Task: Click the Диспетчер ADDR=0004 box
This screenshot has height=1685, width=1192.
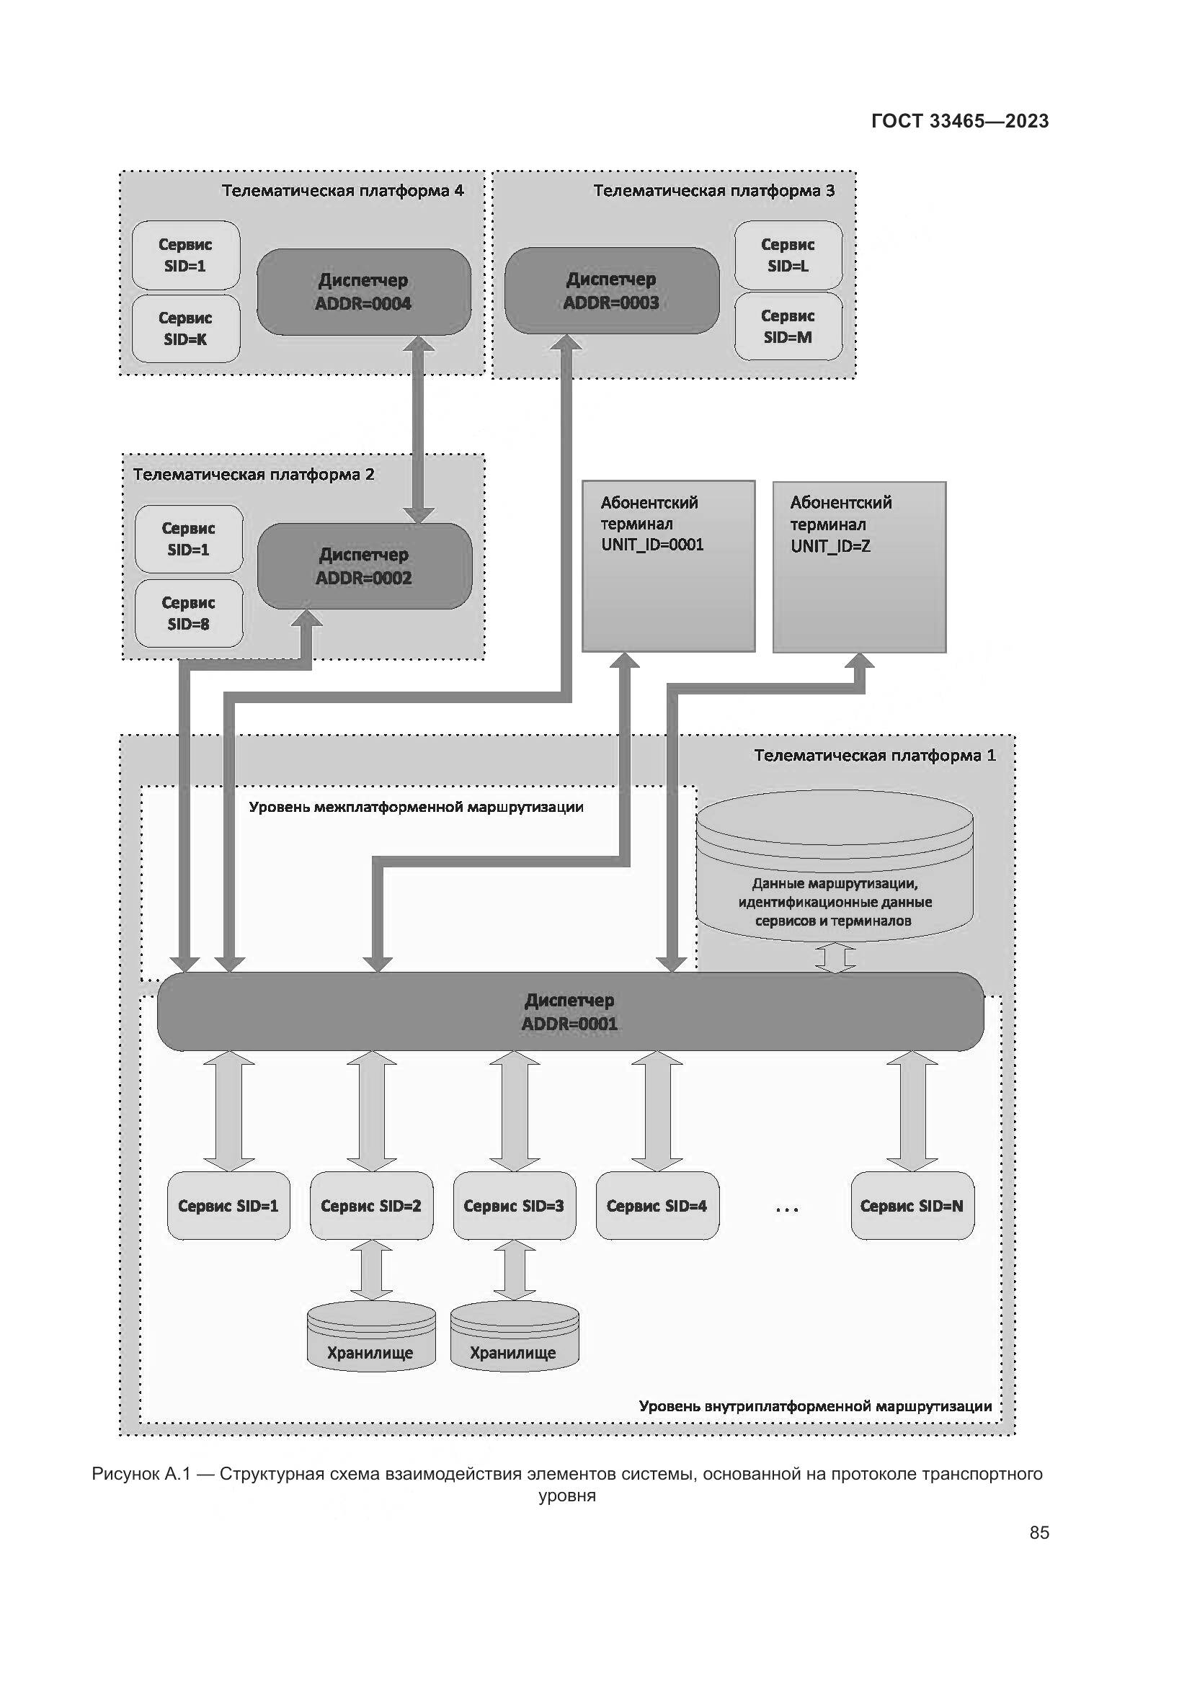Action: coord(363,291)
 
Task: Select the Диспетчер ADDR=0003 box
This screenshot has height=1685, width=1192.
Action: coord(611,290)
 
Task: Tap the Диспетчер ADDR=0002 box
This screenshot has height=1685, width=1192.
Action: coord(364,566)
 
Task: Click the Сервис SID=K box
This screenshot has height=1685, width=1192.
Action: coord(186,328)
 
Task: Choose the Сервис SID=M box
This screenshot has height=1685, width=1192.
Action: coord(788,326)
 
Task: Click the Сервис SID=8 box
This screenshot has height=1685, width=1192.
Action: coord(189,613)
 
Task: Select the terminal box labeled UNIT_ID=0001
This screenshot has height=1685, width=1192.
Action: coord(668,566)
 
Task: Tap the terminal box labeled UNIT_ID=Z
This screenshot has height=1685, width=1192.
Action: coord(859,566)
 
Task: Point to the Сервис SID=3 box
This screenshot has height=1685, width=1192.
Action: coord(514,1206)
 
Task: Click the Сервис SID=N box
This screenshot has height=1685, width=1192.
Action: coord(912,1206)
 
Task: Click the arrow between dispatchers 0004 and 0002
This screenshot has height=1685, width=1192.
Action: coord(419,429)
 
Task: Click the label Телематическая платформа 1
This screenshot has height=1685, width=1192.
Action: coord(874,755)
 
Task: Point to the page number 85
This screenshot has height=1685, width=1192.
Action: coord(1038,1532)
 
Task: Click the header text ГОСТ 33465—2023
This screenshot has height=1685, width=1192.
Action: coord(960,121)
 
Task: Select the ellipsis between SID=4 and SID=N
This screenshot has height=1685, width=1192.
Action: coord(786,1208)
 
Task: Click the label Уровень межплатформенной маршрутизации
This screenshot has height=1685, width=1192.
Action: coord(416,808)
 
